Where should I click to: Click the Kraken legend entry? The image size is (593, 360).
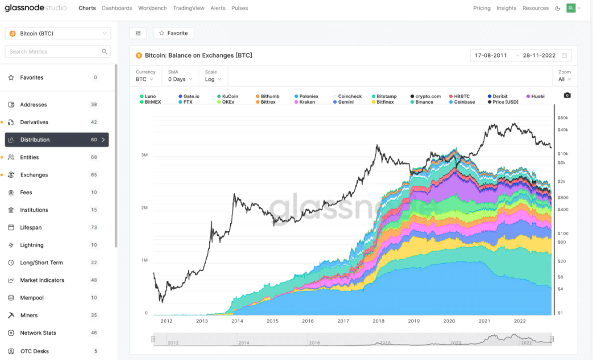click(306, 102)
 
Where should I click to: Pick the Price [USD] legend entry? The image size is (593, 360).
click(506, 102)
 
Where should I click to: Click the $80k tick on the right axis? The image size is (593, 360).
click(563, 118)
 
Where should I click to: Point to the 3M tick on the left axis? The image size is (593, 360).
click(145, 155)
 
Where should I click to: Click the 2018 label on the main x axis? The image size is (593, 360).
click(378, 321)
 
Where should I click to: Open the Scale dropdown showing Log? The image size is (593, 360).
click(213, 76)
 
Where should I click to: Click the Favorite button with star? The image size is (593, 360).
click(173, 33)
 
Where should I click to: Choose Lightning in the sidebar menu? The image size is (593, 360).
click(32, 245)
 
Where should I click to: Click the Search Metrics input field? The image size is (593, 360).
click(51, 51)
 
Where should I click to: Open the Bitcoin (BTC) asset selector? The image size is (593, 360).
click(57, 34)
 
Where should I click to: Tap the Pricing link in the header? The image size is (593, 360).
click(481, 8)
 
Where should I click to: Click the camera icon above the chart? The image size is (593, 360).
click(567, 95)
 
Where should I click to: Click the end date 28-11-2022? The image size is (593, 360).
click(538, 55)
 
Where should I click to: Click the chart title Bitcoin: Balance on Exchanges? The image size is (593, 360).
click(198, 55)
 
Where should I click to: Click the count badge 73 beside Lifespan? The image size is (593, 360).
click(94, 227)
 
